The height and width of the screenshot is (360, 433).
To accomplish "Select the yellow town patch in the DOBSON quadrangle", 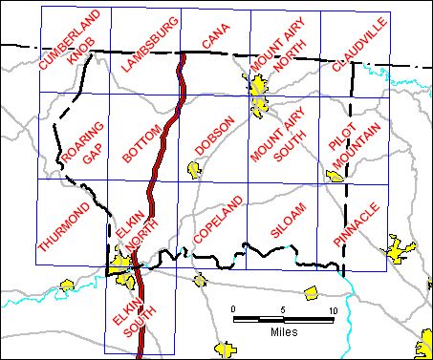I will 196,170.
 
